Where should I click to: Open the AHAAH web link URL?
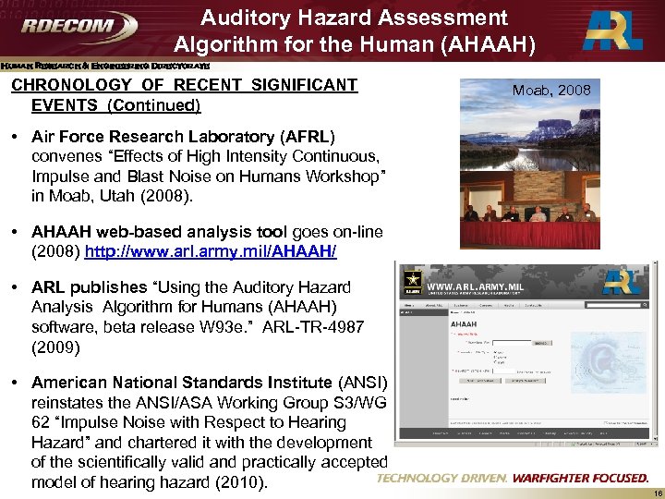[x=211, y=250]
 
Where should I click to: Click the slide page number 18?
[x=653, y=493]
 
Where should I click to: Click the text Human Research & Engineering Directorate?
[x=105, y=66]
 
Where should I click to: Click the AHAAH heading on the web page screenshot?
[x=463, y=324]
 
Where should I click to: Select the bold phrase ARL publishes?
[x=89, y=287]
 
